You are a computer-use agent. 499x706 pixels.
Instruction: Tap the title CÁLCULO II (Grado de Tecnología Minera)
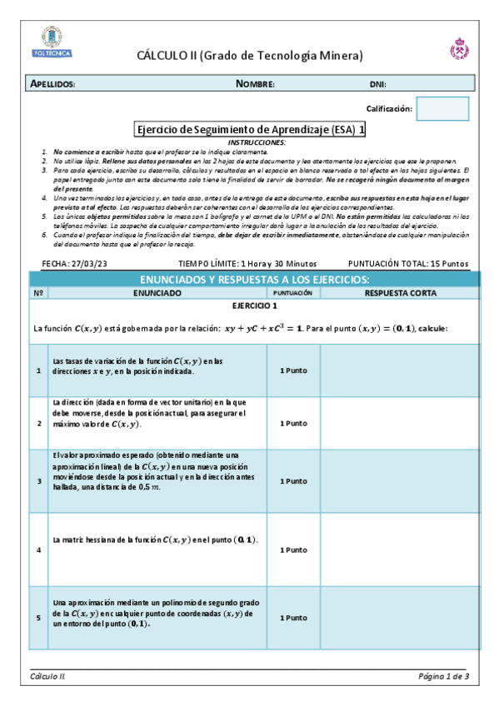[x=250, y=56]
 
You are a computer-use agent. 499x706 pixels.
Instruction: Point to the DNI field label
[x=377, y=84]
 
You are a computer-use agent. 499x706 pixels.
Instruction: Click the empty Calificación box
[x=442, y=108]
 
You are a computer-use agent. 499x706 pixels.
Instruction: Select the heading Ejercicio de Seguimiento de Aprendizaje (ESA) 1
[x=250, y=130]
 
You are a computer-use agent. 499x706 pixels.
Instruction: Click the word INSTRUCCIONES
[x=250, y=143]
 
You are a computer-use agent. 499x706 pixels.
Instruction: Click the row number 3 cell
[x=38, y=481]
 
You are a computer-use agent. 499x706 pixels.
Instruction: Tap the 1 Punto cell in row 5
[x=293, y=618]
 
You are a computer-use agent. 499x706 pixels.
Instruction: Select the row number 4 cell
[x=38, y=549]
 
